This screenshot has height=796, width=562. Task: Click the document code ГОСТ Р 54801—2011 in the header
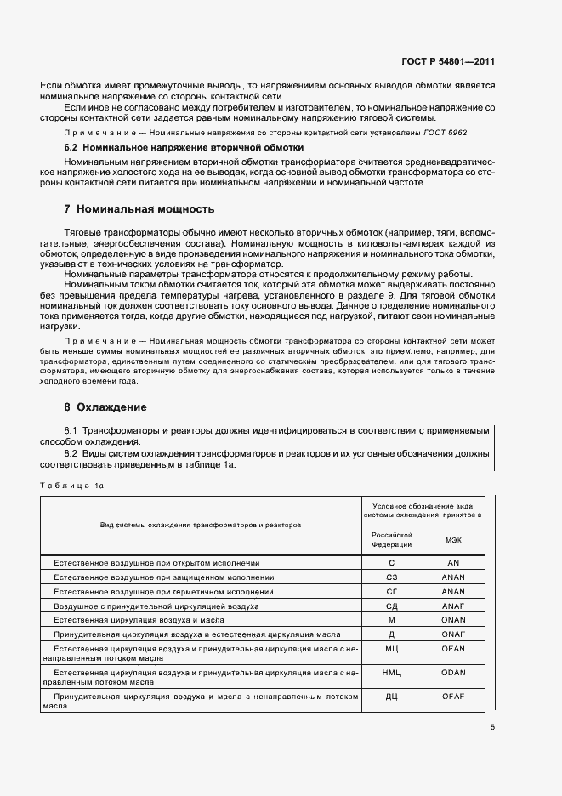447,62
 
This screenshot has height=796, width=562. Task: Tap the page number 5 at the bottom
492,727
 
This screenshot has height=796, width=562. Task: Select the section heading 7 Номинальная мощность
139,209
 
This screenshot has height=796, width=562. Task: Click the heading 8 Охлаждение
105,407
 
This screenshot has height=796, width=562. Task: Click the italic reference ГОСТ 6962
446,134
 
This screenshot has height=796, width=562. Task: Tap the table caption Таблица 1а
71,486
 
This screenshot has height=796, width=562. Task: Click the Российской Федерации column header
392,539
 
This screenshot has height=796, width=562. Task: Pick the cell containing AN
454,563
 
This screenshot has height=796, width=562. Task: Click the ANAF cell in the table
454,606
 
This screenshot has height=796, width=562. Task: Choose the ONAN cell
454,620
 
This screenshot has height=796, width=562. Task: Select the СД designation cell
392,606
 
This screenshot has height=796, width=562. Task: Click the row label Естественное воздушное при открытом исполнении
156,563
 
